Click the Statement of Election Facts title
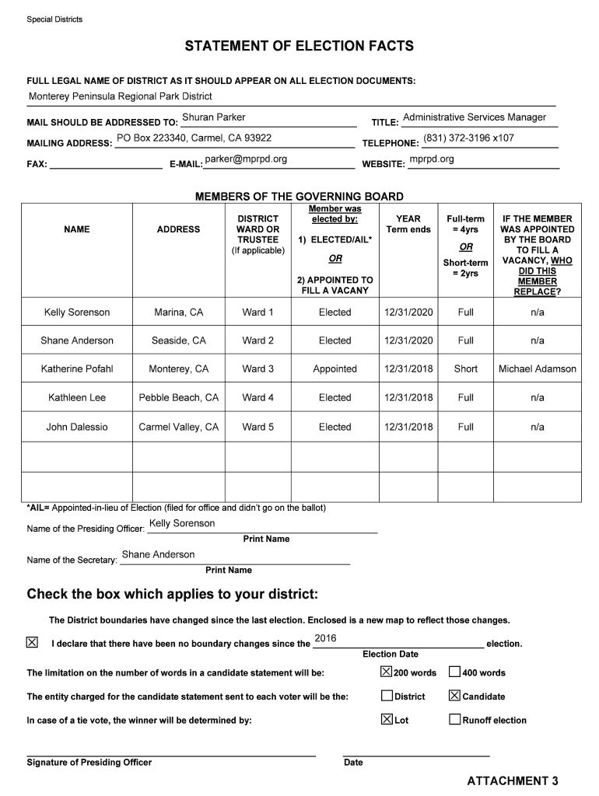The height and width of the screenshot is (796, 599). tap(299, 47)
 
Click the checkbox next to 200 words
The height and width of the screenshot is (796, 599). tap(387, 672)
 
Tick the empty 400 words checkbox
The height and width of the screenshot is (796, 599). tap(455, 672)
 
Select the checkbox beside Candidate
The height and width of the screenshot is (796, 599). tap(455, 696)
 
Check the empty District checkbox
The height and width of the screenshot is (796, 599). tap(387, 696)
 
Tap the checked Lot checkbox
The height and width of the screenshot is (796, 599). tap(387, 720)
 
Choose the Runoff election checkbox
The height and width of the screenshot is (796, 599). tap(455, 720)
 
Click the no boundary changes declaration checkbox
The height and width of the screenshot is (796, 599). tap(32, 643)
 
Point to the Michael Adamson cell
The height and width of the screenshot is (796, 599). tap(538, 369)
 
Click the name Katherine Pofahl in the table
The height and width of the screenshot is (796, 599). tap(77, 369)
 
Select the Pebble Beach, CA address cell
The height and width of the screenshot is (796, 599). tap(179, 398)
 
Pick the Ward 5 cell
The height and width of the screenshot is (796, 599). tap(258, 427)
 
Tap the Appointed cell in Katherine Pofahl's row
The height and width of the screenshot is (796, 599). tap(335, 369)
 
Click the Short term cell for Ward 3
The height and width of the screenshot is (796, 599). tap(466, 369)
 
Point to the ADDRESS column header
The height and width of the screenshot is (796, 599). tap(178, 229)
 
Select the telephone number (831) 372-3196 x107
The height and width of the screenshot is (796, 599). tap(468, 138)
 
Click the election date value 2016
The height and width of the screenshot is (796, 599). tap(325, 638)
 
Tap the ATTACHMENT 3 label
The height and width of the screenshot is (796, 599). tap(513, 780)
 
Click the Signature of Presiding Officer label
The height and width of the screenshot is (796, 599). tap(89, 763)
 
